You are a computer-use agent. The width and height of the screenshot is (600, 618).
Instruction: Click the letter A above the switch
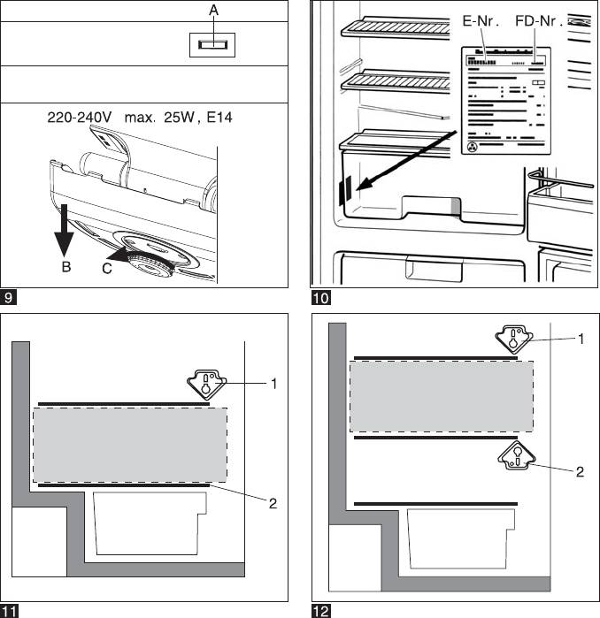click(x=213, y=10)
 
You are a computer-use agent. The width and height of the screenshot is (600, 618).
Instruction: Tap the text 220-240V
click(x=79, y=117)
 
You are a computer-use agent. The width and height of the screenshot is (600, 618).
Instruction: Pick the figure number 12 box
click(x=319, y=610)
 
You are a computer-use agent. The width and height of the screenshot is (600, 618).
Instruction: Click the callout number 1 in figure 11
click(x=274, y=384)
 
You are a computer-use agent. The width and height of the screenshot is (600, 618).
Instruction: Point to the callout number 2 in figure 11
click(x=273, y=503)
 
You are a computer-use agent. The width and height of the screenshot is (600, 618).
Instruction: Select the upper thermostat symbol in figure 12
click(x=512, y=339)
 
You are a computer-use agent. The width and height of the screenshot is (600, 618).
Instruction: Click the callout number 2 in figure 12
click(x=580, y=472)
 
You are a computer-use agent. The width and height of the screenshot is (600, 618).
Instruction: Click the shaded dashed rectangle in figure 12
click(x=441, y=394)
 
